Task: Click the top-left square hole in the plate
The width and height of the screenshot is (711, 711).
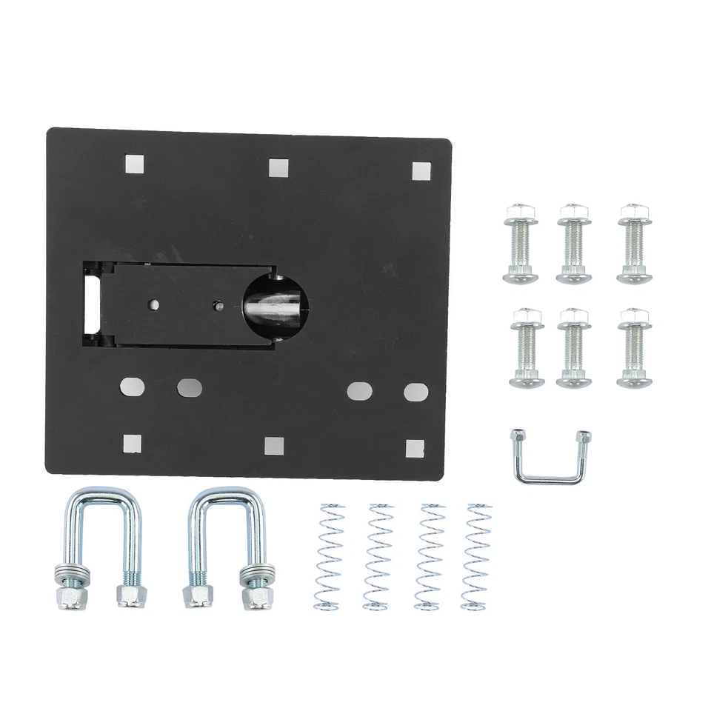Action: [135, 163]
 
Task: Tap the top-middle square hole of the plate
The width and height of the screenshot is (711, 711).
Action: [278, 167]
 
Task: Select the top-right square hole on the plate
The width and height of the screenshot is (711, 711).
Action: [421, 171]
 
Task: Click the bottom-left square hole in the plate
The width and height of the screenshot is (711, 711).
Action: [133, 442]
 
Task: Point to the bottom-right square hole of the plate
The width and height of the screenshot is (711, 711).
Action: [415, 447]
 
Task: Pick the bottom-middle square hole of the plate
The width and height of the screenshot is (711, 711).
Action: [272, 444]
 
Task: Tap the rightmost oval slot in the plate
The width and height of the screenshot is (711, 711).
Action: [415, 390]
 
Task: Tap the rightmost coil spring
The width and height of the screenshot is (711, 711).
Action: [475, 555]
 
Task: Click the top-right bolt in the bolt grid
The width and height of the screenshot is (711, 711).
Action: [635, 242]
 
